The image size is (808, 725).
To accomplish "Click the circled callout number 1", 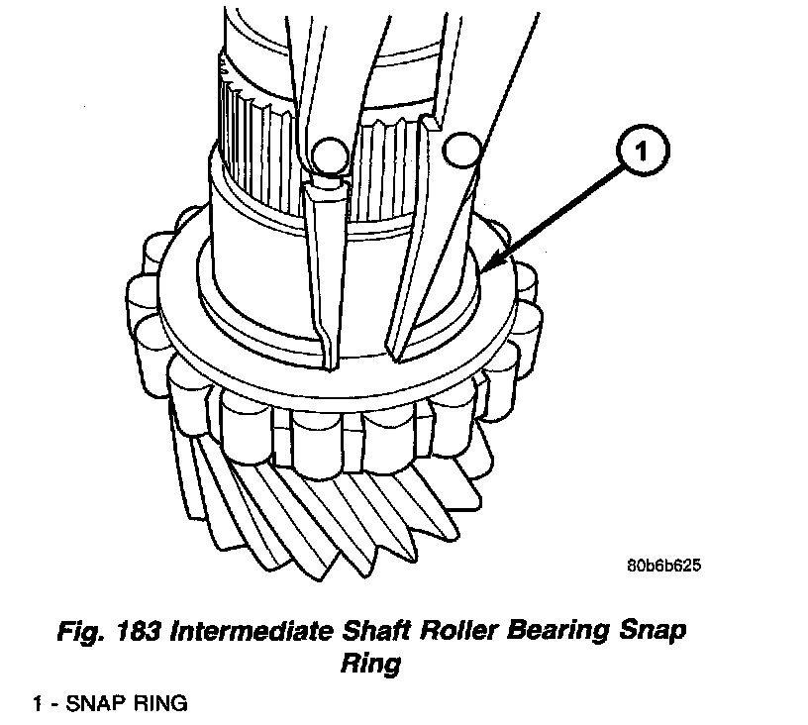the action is click(x=643, y=154).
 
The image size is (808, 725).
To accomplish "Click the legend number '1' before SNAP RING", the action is click(x=37, y=704).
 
